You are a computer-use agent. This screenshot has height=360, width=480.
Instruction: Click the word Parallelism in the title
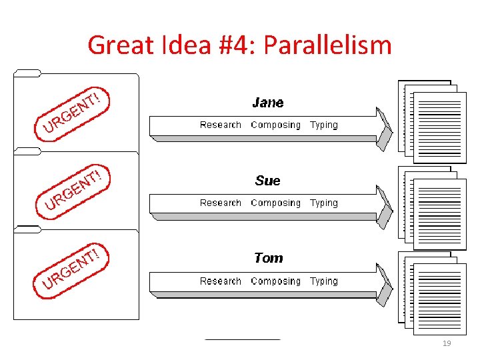click(327, 46)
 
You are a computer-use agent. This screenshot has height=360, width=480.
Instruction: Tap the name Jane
click(268, 103)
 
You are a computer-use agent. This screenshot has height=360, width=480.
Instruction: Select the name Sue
click(268, 181)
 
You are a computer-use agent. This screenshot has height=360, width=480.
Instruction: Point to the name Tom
click(268, 258)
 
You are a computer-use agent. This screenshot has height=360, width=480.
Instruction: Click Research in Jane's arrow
click(221, 125)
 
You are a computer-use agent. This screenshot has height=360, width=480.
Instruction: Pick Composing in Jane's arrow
click(275, 125)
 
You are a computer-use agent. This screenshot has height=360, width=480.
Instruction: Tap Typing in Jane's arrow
click(324, 125)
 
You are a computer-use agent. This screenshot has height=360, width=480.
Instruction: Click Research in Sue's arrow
click(221, 203)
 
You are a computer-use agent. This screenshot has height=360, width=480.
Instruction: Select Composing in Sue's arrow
click(275, 203)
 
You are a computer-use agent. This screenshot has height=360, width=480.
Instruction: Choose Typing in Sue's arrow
click(324, 203)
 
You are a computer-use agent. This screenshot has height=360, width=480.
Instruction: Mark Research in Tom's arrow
click(221, 281)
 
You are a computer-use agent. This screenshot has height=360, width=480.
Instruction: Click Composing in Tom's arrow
click(275, 281)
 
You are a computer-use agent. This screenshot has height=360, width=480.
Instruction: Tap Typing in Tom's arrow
click(324, 281)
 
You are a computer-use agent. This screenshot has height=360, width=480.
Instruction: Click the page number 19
click(447, 343)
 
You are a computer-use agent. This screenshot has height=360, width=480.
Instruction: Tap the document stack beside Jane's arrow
click(431, 121)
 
